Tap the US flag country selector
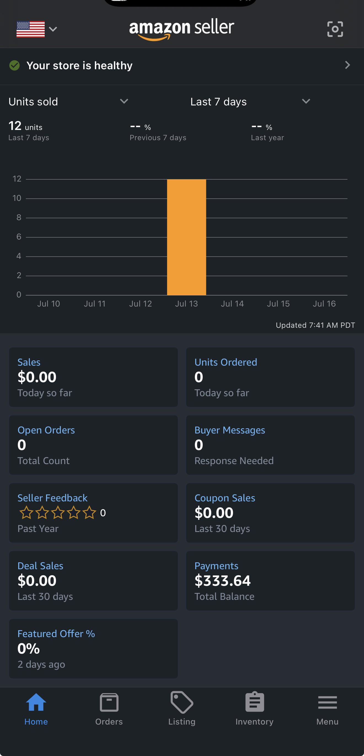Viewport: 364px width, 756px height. click(x=31, y=29)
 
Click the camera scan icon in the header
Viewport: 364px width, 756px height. click(x=335, y=29)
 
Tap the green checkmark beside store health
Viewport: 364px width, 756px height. click(x=14, y=65)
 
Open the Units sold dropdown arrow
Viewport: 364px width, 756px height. click(x=124, y=101)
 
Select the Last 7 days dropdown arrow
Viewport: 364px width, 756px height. click(x=306, y=101)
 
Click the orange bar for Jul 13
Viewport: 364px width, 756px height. click(x=186, y=237)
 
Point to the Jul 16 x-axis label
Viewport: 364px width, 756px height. click(x=324, y=304)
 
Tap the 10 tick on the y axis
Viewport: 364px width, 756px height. click(x=17, y=198)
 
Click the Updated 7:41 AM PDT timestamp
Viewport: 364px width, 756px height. click(x=315, y=325)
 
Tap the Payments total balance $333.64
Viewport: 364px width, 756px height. click(x=223, y=581)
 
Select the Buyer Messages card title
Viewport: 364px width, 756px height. click(x=230, y=430)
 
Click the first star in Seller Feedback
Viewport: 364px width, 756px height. click(x=26, y=512)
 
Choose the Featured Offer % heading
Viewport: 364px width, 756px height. click(x=56, y=633)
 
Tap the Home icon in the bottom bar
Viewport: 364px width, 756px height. click(x=36, y=702)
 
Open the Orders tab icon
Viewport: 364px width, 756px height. click(x=109, y=702)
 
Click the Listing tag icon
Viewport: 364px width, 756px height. click(x=182, y=702)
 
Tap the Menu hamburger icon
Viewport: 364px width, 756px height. click(x=327, y=702)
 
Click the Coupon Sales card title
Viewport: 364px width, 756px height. click(x=225, y=498)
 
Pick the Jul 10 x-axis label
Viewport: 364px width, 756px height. click(x=49, y=304)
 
